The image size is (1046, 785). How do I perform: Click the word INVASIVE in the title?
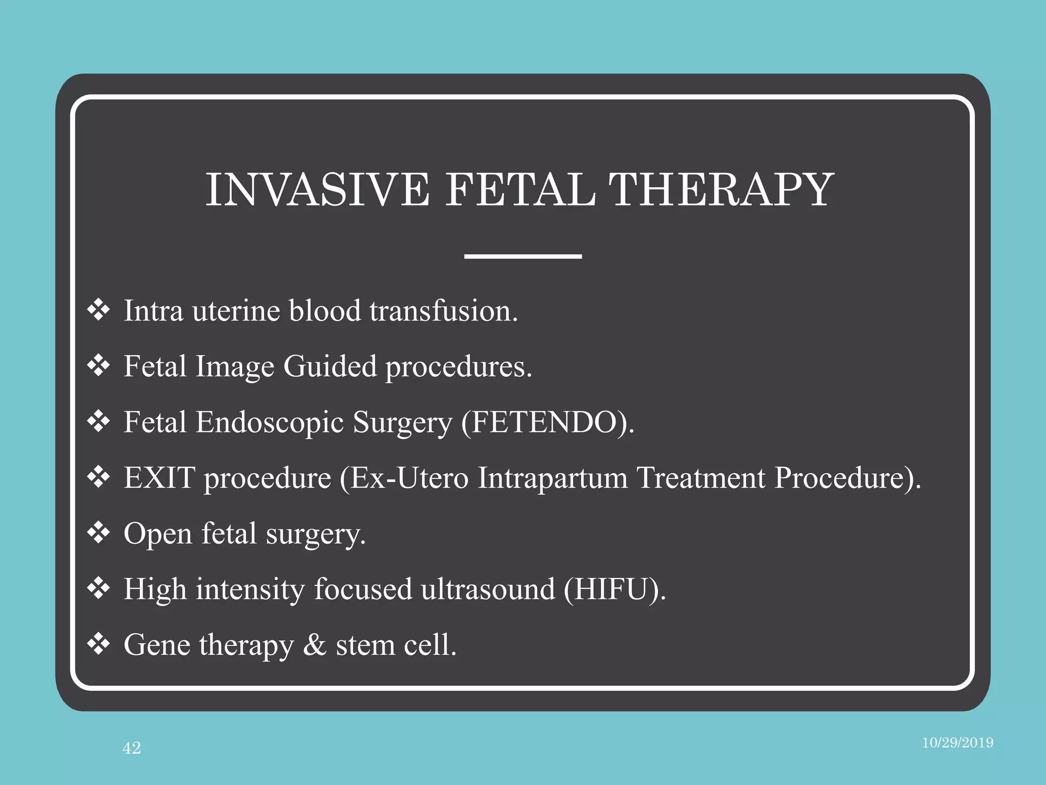coord(317,190)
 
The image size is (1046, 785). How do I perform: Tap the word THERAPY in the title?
coord(721,190)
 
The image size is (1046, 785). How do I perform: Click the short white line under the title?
coord(523,256)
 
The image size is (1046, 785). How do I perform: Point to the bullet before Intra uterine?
coord(99,310)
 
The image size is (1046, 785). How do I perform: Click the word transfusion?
coord(443,311)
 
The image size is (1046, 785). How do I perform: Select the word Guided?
coord(330,367)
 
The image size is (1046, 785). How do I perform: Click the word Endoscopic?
coord(270,423)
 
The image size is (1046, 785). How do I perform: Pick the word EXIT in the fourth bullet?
coord(159,478)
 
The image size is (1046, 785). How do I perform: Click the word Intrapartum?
coord(553,479)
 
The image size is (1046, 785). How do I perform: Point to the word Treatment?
coord(701,478)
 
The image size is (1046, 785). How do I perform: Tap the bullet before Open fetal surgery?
coord(99,533)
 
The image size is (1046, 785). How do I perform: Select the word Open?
coord(158,535)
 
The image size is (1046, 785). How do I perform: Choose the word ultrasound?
coord(488,589)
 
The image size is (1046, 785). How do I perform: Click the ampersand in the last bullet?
coord(315,645)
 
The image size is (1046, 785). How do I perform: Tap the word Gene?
coord(157,645)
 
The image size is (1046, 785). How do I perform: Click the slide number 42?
coord(132,748)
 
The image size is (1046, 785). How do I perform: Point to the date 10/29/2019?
coord(957,743)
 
